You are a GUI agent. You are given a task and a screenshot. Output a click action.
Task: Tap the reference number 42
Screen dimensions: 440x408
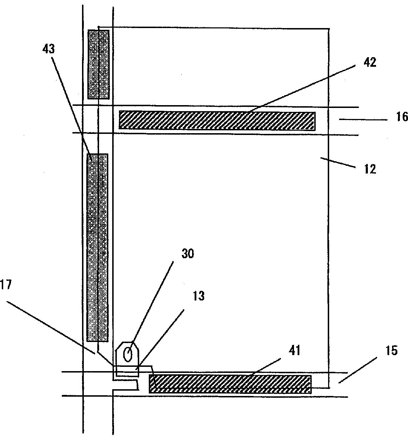point(370,62)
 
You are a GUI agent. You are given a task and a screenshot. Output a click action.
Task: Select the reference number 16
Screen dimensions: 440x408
point(402,116)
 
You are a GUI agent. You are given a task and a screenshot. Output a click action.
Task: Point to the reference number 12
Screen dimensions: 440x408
point(370,169)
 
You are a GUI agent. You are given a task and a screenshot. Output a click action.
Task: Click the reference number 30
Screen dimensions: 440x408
point(188,254)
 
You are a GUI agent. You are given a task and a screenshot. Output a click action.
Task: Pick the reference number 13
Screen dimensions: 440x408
point(198,296)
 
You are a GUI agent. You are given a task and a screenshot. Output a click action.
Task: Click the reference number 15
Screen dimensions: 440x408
point(391,351)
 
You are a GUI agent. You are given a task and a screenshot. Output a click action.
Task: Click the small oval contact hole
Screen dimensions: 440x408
point(128,354)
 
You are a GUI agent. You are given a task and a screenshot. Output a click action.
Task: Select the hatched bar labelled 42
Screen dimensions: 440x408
point(217,121)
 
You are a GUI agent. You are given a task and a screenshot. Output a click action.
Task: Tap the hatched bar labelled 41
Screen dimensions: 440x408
point(230,384)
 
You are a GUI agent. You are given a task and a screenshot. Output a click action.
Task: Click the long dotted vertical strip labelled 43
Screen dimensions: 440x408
point(97,248)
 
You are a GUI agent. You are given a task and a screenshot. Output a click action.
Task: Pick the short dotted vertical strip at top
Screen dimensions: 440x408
point(98,64)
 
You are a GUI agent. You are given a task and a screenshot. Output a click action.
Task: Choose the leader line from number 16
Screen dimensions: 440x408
point(362,120)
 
